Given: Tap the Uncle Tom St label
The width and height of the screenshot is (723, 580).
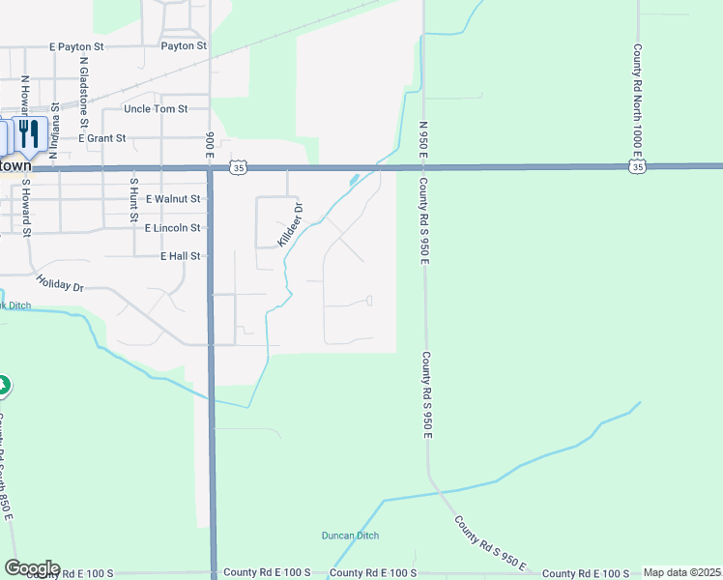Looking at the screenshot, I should coord(156,109).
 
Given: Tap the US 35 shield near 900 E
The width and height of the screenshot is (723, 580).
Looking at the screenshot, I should coord(239,168).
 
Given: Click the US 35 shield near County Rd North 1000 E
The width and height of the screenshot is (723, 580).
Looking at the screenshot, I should coord(636,168).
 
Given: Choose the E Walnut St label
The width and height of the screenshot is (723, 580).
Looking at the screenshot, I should coord(174,199).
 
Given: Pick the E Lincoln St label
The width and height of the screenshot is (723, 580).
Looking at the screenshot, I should coord(173,228).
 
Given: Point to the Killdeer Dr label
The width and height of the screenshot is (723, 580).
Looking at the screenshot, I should coord(291,224).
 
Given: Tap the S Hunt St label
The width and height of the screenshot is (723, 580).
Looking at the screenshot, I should coord(133,197).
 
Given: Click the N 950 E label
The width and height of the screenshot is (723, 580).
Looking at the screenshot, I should coord(423,146).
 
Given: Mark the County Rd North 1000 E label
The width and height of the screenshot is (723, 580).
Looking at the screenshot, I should coord(638,100).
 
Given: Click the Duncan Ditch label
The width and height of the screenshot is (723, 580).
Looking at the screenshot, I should coord(350,536).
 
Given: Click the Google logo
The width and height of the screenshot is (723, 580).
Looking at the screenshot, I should coord(32,568).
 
